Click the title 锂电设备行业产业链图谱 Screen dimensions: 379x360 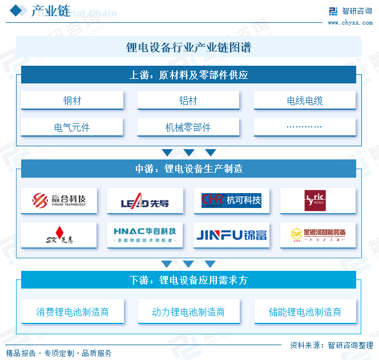(188, 47)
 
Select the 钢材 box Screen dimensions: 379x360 (72, 101)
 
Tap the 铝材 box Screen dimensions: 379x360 (188, 101)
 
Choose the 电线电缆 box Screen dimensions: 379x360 (305, 101)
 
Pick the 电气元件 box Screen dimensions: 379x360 (72, 127)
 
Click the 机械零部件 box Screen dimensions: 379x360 (188, 127)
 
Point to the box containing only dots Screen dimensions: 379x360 (305, 127)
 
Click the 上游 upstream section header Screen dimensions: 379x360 (188, 75)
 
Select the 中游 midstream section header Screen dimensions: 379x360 (188, 169)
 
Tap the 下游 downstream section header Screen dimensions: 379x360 (188, 280)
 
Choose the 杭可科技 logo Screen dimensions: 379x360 (231, 201)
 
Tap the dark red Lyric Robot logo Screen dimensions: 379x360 (317, 201)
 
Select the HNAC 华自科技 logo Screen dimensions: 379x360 (145, 235)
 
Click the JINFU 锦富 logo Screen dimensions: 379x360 (231, 235)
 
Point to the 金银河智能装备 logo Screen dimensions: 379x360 (317, 235)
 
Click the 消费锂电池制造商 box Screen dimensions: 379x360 (72, 312)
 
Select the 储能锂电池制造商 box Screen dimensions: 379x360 (305, 312)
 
